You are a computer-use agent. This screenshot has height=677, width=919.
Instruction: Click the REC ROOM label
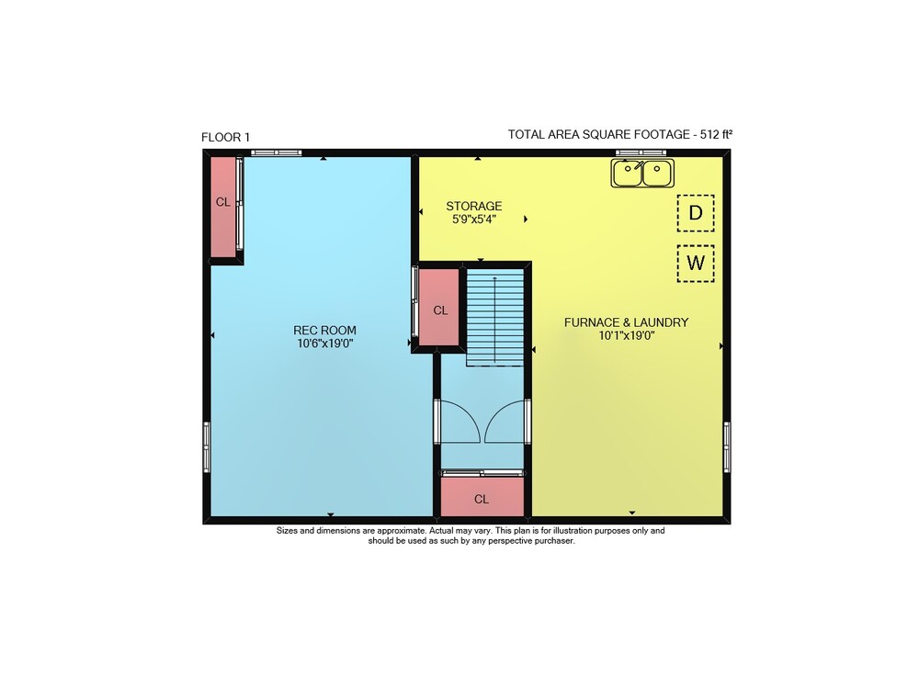point(324,331)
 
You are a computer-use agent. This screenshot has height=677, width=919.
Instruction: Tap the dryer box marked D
point(696,212)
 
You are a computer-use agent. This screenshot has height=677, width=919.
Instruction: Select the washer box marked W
point(696,264)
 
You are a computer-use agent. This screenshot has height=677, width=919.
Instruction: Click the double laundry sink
point(642,174)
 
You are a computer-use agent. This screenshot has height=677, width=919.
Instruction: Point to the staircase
point(495,317)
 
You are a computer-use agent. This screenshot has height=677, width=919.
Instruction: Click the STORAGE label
point(473,206)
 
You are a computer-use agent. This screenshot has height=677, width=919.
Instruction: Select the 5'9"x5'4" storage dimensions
point(473,220)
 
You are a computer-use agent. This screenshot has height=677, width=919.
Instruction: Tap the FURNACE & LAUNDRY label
point(626,322)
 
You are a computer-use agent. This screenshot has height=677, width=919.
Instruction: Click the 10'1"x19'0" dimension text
point(626,335)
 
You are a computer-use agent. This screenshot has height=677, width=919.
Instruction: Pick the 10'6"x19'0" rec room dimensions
point(324,344)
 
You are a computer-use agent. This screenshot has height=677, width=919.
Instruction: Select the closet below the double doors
point(482,497)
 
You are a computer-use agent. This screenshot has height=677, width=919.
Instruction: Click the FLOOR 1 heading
point(226,137)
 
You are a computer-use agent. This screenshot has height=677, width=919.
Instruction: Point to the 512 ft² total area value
point(716,134)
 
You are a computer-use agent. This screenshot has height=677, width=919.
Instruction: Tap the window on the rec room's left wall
point(207,446)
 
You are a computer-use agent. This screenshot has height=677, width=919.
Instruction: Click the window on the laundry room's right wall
point(727,446)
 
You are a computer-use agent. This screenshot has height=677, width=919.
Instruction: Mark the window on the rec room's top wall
point(276,152)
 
